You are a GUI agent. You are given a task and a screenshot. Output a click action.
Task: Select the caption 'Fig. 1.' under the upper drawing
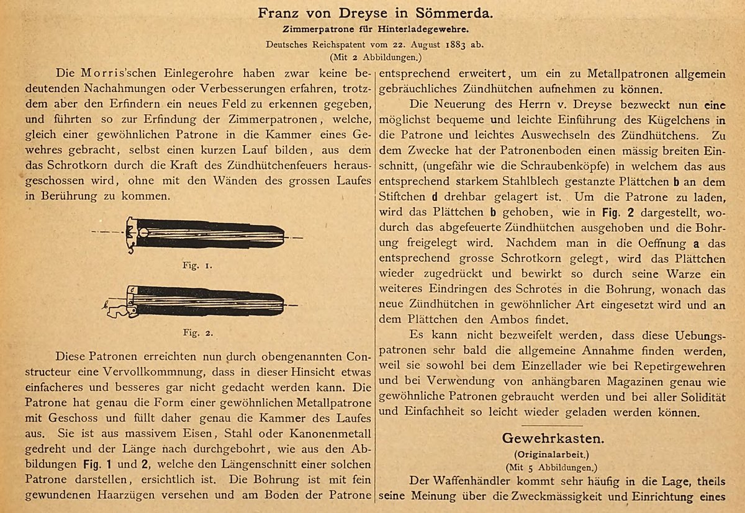[199, 265]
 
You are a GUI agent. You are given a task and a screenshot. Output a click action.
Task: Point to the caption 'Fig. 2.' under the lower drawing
[199, 332]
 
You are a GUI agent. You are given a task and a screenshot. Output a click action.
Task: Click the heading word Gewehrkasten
[553, 438]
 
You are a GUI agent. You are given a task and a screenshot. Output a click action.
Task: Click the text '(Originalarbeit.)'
[552, 453]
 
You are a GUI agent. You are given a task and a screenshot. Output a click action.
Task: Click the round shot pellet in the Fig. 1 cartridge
[143, 232]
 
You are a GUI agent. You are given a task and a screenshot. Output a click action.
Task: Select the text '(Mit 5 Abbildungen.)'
[552, 466]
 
